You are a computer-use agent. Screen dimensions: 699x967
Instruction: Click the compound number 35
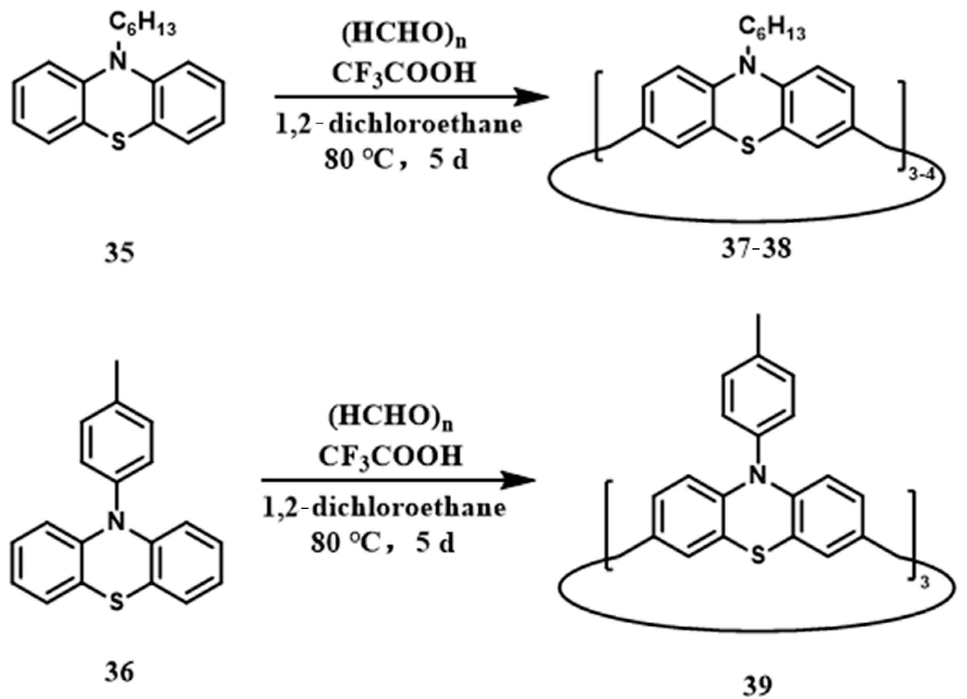pos(119,252)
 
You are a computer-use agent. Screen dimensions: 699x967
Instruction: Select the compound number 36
pos(119,672)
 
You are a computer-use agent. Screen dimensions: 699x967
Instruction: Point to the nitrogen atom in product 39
pos(757,476)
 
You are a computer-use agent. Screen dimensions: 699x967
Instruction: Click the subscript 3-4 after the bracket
pos(921,175)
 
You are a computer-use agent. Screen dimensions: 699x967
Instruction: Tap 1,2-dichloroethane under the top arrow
pos(398,125)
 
